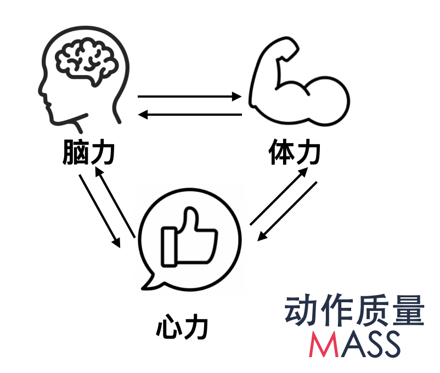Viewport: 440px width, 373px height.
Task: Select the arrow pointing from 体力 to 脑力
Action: click(x=189, y=115)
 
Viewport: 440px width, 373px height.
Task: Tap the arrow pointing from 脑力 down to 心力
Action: click(x=100, y=211)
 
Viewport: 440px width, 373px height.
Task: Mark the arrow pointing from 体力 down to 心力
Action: click(x=288, y=211)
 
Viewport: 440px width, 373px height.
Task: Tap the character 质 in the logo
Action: click(x=372, y=312)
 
